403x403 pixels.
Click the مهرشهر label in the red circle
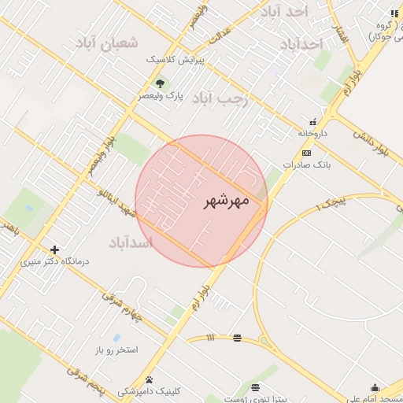226,201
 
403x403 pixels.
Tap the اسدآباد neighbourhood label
130,242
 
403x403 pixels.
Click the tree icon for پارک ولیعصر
161,83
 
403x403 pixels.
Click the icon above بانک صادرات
306,153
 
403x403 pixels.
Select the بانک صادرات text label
310,165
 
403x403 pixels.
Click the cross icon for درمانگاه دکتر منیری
54,250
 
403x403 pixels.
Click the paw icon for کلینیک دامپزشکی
149,379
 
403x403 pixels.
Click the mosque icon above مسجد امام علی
375,386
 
